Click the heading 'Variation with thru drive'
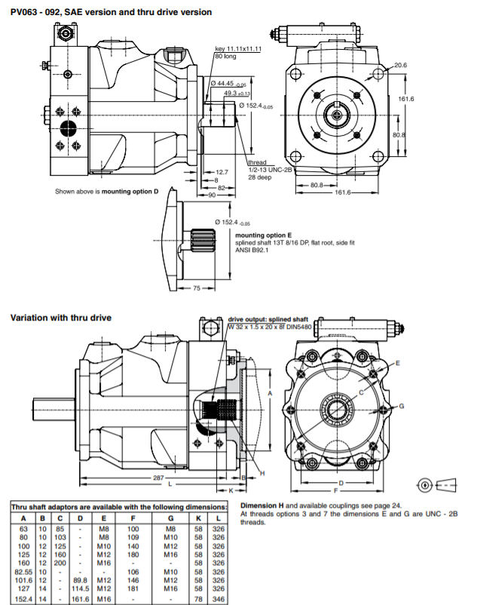coord(61,318)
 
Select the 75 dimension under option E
coord(197,287)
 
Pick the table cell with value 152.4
coord(23,598)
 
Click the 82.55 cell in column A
coord(23,570)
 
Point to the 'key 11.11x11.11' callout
coord(238,49)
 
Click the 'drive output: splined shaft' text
coord(269,320)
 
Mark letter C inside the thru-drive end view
coord(362,392)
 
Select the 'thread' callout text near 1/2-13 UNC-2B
coord(258,162)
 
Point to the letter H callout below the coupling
coord(263,473)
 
